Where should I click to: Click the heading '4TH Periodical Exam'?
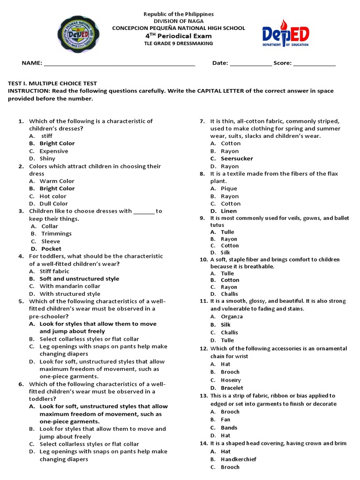click(178, 36)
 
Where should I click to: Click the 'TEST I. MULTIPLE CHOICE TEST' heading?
click(52, 83)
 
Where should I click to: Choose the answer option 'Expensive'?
click(53, 151)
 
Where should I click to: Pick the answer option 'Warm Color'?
click(57, 181)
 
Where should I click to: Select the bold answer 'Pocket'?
click(51, 249)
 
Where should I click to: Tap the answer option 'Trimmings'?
click(56, 233)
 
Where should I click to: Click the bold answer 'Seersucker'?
click(237, 158)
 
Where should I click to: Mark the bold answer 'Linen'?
click(229, 211)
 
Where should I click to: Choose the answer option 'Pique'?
click(229, 188)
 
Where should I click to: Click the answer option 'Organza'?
click(232, 316)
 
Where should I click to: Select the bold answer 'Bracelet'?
click(232, 388)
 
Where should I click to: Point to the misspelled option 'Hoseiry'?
click(231, 380)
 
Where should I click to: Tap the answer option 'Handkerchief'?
click(239, 459)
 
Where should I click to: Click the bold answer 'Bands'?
click(229, 427)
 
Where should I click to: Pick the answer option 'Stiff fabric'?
click(54, 271)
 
